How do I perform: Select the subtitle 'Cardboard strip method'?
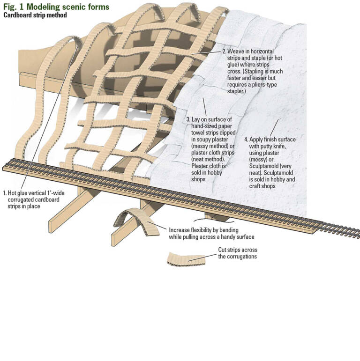tap(35, 15)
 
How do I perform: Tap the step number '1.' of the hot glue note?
tap(5, 192)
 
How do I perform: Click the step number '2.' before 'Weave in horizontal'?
tap(225, 51)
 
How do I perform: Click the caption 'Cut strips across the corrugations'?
tap(237, 253)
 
